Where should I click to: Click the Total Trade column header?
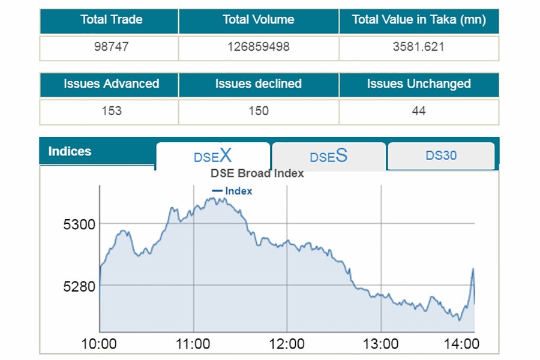pyautogui.click(x=111, y=20)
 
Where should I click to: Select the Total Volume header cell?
pyautogui.click(x=259, y=20)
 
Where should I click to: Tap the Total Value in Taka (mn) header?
pyautogui.click(x=419, y=20)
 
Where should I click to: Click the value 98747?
pyautogui.click(x=111, y=47)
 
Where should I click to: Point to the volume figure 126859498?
pyautogui.click(x=259, y=47)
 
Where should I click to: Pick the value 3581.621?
pyautogui.click(x=419, y=47)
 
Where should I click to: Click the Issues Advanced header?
pyautogui.click(x=111, y=84)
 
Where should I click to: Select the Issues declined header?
pyautogui.click(x=259, y=84)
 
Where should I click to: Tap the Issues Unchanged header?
pyautogui.click(x=419, y=84)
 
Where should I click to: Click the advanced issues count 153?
pyautogui.click(x=111, y=111)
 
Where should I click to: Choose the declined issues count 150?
pyautogui.click(x=259, y=111)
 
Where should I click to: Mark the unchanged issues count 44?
pyautogui.click(x=419, y=111)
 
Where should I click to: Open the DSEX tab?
pyautogui.click(x=212, y=157)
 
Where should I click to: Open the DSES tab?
pyautogui.click(x=328, y=157)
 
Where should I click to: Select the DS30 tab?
pyautogui.click(x=441, y=156)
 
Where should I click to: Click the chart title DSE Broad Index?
pyautogui.click(x=257, y=173)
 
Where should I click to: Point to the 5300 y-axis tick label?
pyautogui.click(x=79, y=224)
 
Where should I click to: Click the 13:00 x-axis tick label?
pyautogui.click(x=381, y=344)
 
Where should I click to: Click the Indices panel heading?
pyautogui.click(x=70, y=151)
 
